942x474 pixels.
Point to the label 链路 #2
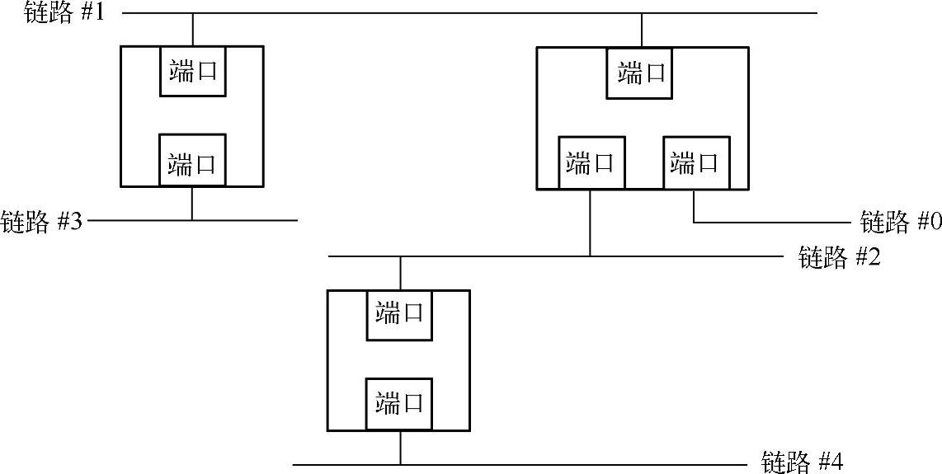tap(840, 257)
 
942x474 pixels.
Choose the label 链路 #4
tap(803, 460)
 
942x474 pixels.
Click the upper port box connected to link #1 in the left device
tap(192, 72)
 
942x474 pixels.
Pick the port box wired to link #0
tap(694, 162)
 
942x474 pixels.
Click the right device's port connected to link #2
tap(590, 162)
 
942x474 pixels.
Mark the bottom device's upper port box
tap(400, 314)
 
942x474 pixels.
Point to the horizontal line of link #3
tap(247, 220)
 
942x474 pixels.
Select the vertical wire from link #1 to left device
tap(192, 30)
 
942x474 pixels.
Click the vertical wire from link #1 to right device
tap(641, 31)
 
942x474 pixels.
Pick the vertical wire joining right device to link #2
tap(590, 223)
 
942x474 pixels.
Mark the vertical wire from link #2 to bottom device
tap(400, 273)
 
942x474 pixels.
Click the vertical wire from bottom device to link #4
tap(400, 448)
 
